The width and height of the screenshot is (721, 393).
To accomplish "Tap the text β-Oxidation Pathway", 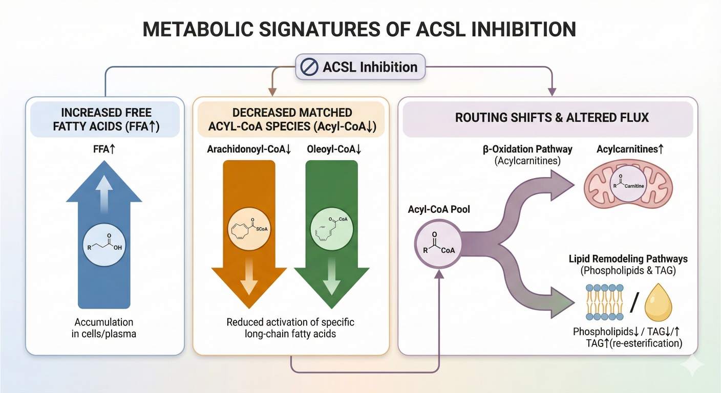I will coord(528,149).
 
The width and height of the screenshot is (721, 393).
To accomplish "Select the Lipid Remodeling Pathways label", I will coord(628,258).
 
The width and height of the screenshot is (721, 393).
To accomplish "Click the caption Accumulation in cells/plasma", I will coord(104,328).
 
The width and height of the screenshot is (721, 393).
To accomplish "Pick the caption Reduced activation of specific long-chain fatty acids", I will coord(290,328).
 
